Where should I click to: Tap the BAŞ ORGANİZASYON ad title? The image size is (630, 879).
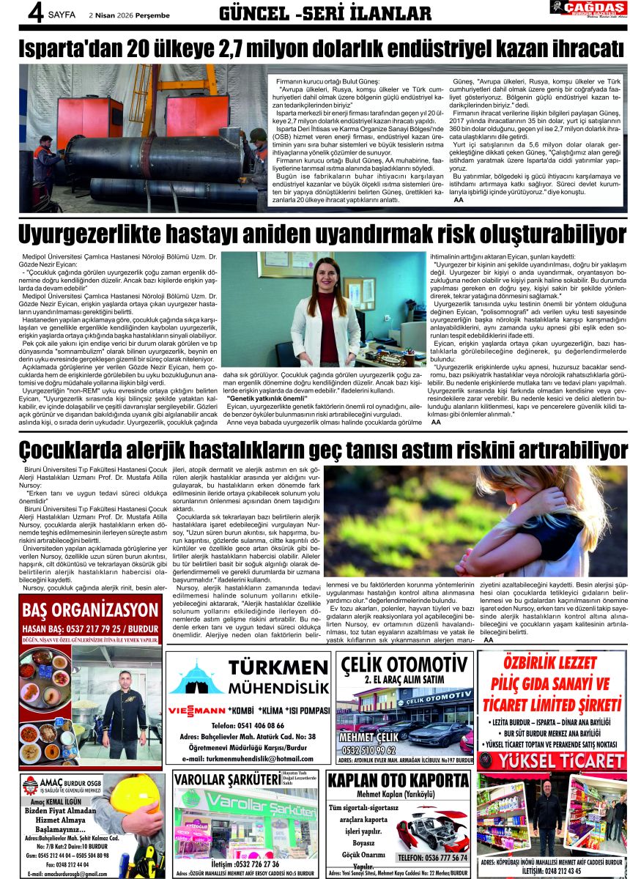91,610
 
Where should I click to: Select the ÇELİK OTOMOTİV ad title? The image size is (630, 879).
405,664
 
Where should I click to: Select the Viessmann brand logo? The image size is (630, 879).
196,711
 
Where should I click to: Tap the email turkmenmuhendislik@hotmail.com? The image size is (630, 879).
250,758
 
